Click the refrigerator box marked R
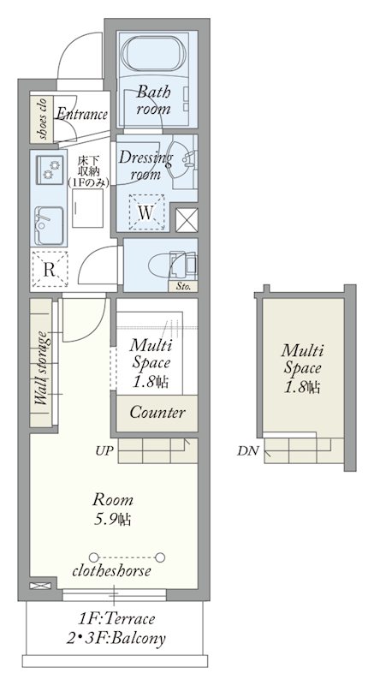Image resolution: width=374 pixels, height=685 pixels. [50, 269]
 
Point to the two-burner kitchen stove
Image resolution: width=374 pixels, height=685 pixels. [50, 170]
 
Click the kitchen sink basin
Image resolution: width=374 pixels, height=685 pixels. [50, 225]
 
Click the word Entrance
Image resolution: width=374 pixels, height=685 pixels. [82, 115]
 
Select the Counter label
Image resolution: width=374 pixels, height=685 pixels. [157, 413]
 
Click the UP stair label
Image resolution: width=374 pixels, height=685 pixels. [102, 450]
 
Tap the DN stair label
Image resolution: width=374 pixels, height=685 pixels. [248, 451]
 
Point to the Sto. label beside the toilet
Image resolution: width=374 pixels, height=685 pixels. [183, 288]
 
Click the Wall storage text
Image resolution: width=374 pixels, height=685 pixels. [41, 369]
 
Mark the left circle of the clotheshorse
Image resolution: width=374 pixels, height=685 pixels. [93, 557]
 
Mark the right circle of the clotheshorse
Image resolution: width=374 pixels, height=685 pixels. [160, 557]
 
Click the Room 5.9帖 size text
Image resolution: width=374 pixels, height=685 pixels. [113, 509]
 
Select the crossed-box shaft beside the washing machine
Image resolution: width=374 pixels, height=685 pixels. [187, 220]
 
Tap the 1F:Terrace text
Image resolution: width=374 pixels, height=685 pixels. [117, 618]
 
